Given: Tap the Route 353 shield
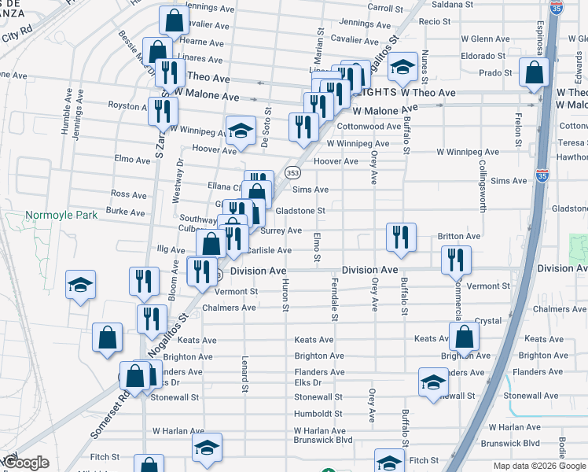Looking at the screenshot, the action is click(x=292, y=171).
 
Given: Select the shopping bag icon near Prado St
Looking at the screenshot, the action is click(x=535, y=72).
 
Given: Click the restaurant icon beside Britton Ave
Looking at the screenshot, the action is click(x=401, y=237).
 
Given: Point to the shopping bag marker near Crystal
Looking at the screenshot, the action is click(x=465, y=337).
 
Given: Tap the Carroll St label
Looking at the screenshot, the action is click(x=384, y=7).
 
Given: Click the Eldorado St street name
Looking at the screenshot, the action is click(x=483, y=56).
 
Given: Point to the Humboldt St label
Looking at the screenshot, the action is click(x=318, y=414).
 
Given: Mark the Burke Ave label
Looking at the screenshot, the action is click(x=127, y=212).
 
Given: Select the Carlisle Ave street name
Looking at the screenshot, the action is click(x=269, y=250).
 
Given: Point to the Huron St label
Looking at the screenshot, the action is click(x=285, y=296).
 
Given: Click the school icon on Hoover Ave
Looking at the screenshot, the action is click(x=241, y=130).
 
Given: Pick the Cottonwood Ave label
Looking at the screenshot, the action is click(x=369, y=126).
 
